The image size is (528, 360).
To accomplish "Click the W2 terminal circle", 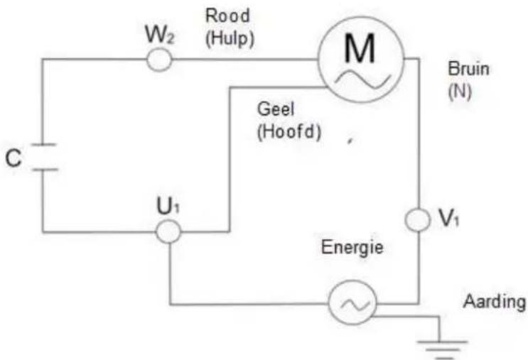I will (160, 61).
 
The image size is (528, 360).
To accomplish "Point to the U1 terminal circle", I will (168, 231).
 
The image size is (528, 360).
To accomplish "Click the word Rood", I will (223, 16).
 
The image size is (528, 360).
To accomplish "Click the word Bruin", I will (469, 71).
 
